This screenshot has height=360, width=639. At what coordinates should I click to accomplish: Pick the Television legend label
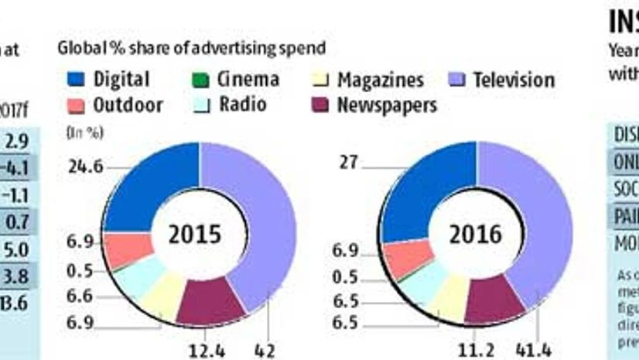coord(514,81)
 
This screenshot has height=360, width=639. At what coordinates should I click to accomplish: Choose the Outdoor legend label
coord(128,105)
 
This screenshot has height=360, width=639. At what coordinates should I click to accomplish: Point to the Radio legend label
coord(243,105)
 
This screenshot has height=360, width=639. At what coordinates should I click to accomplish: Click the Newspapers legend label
coord(387,105)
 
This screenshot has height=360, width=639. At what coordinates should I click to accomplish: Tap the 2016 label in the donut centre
coord(476,234)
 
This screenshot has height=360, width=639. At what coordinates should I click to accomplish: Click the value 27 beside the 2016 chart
coord(350,162)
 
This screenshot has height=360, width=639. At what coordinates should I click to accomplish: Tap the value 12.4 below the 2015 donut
coord(209,351)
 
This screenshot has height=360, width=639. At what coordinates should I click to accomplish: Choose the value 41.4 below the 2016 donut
coord(533,351)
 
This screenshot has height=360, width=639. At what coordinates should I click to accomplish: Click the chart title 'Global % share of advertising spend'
coord(191,48)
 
